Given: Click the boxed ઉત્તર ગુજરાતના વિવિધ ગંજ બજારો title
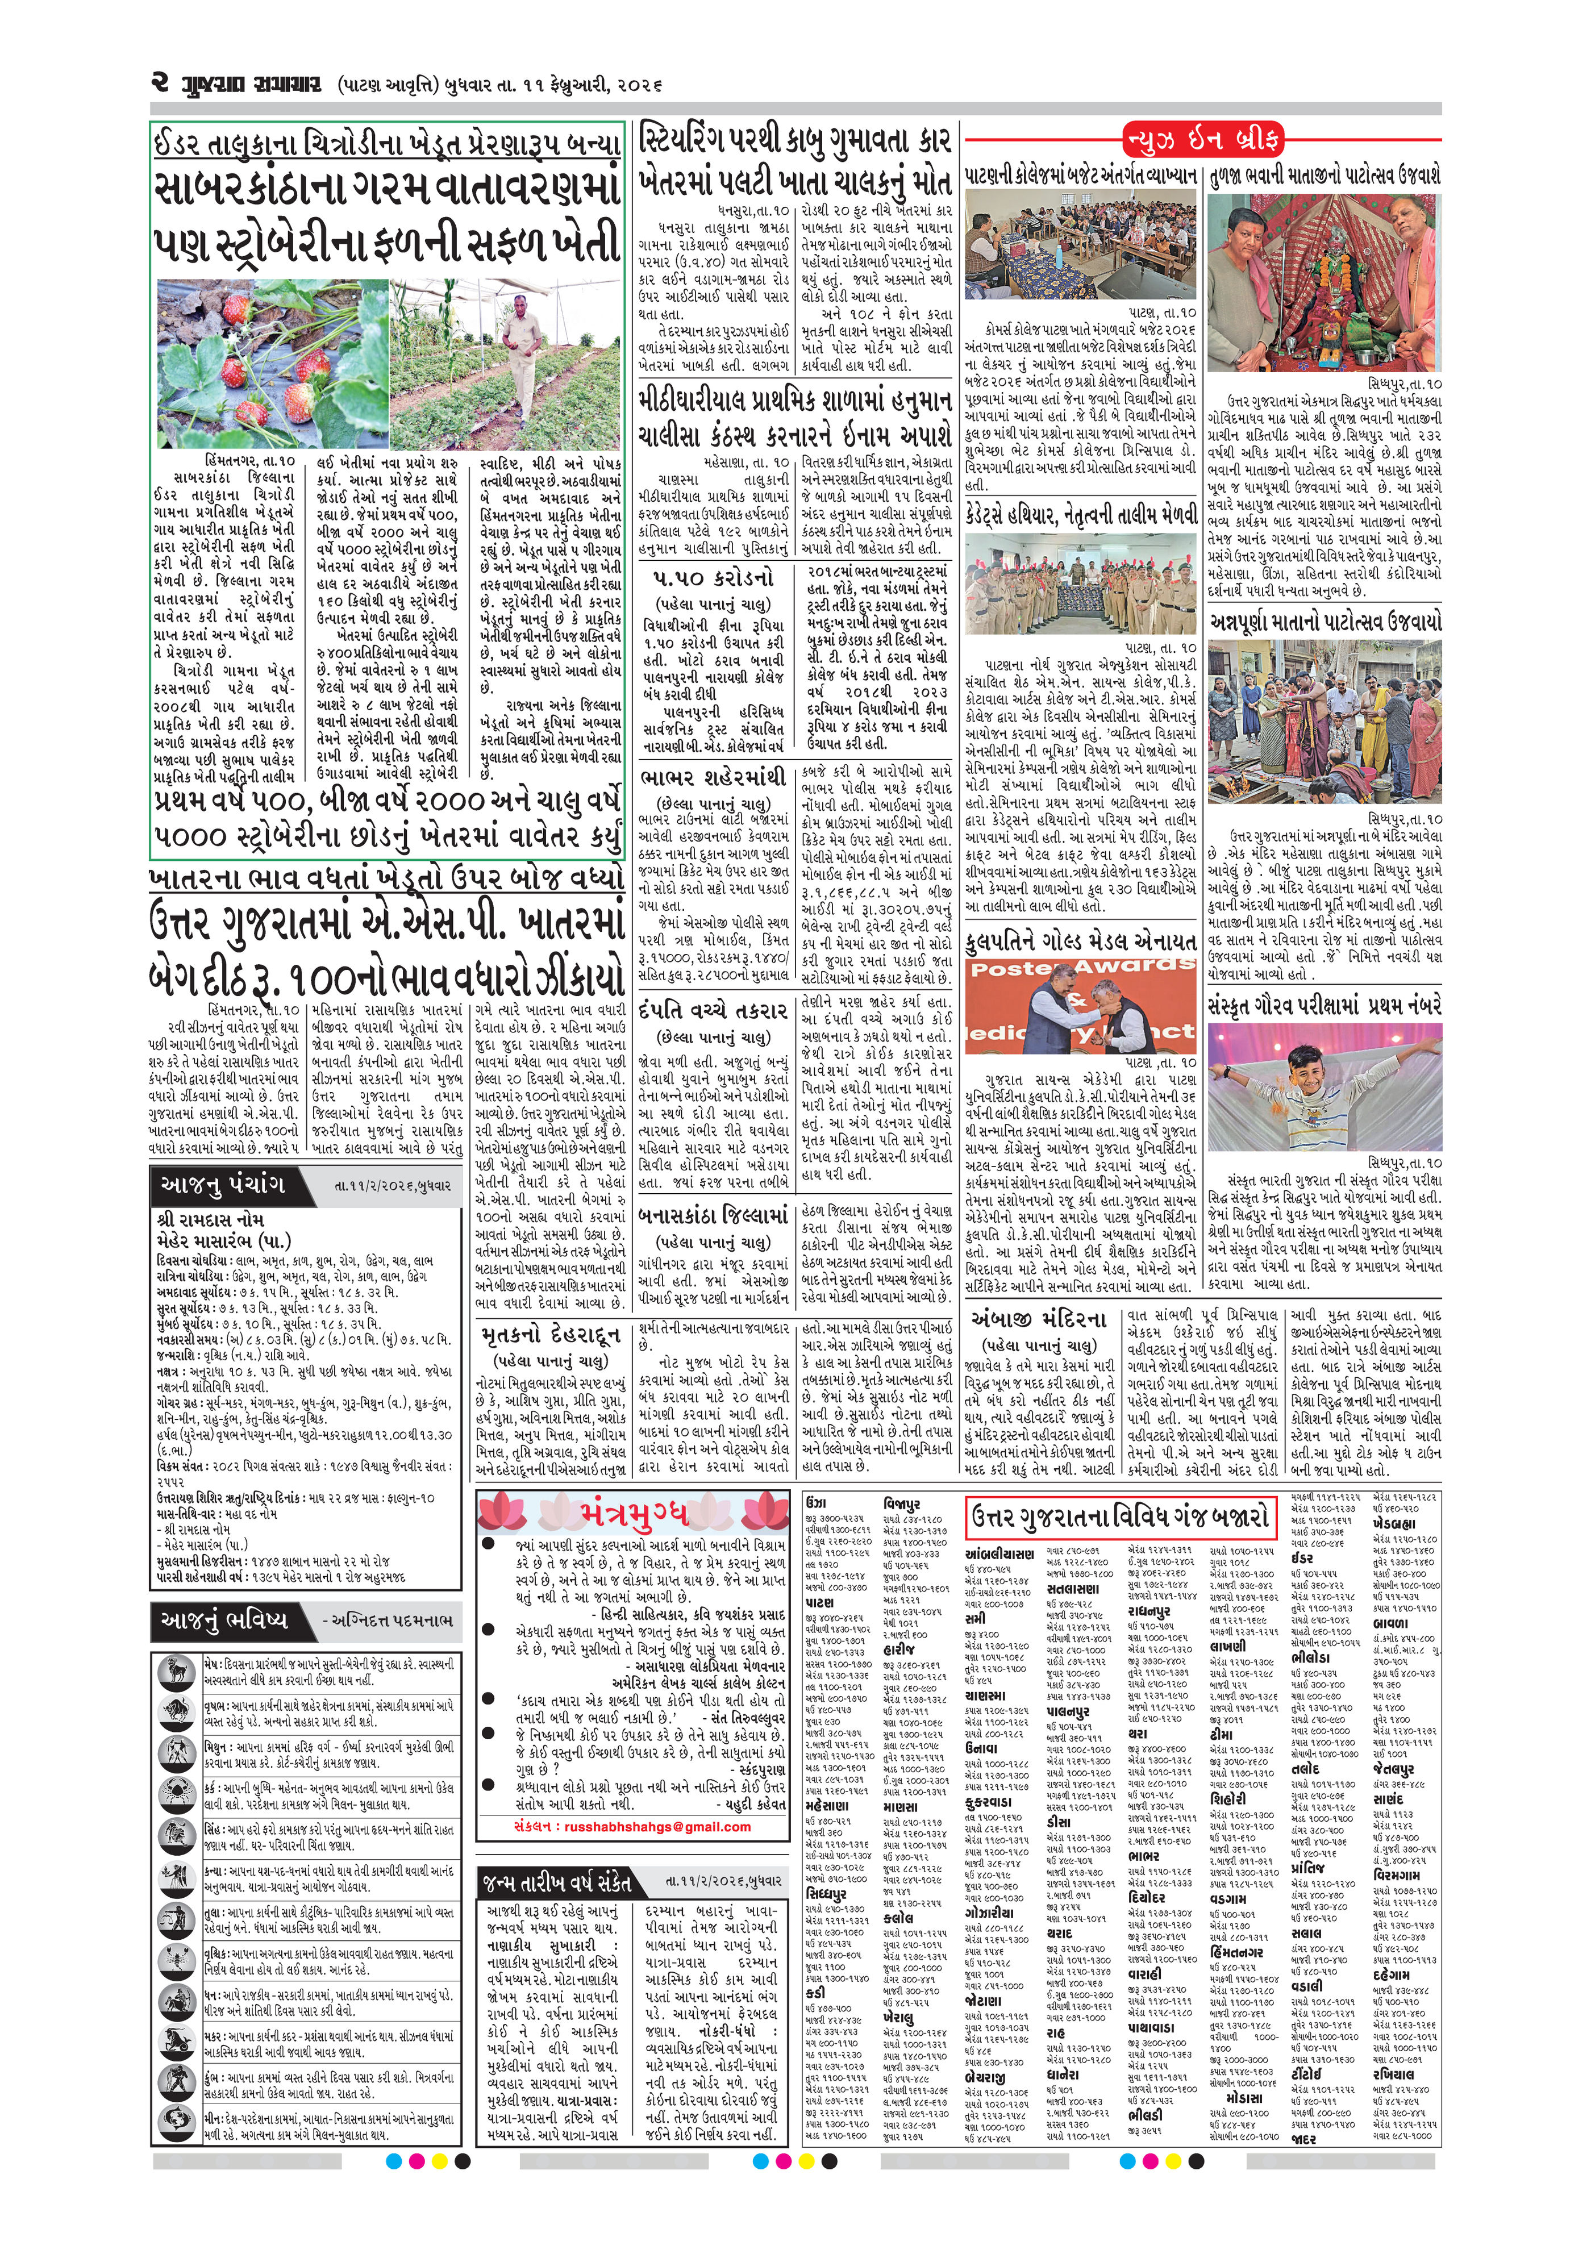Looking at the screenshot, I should click(1118, 1518).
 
